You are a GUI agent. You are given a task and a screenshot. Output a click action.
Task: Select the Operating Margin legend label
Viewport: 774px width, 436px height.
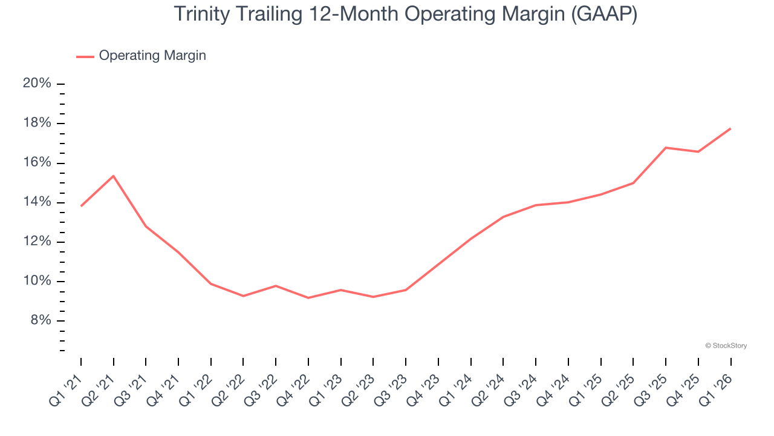(152, 56)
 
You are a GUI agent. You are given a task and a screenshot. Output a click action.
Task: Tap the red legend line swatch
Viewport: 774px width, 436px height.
(85, 56)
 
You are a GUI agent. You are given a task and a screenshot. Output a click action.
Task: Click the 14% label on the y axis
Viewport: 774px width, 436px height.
(37, 202)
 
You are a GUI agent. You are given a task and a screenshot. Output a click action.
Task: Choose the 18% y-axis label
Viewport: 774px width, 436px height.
(37, 124)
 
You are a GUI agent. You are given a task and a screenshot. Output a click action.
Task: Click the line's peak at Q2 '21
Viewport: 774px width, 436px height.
(113, 176)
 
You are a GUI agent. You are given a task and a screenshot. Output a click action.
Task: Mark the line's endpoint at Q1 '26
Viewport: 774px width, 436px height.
(730, 128)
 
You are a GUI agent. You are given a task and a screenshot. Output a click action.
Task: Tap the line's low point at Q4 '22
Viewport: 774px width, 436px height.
(308, 298)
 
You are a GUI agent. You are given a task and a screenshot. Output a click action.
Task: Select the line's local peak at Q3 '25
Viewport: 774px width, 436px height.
(666, 148)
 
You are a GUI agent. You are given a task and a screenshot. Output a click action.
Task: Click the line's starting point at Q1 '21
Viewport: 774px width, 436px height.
(81, 206)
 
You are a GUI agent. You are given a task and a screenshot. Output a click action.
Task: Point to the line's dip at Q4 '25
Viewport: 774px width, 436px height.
(698, 152)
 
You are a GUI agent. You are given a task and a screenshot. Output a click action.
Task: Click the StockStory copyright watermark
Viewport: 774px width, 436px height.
(726, 346)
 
